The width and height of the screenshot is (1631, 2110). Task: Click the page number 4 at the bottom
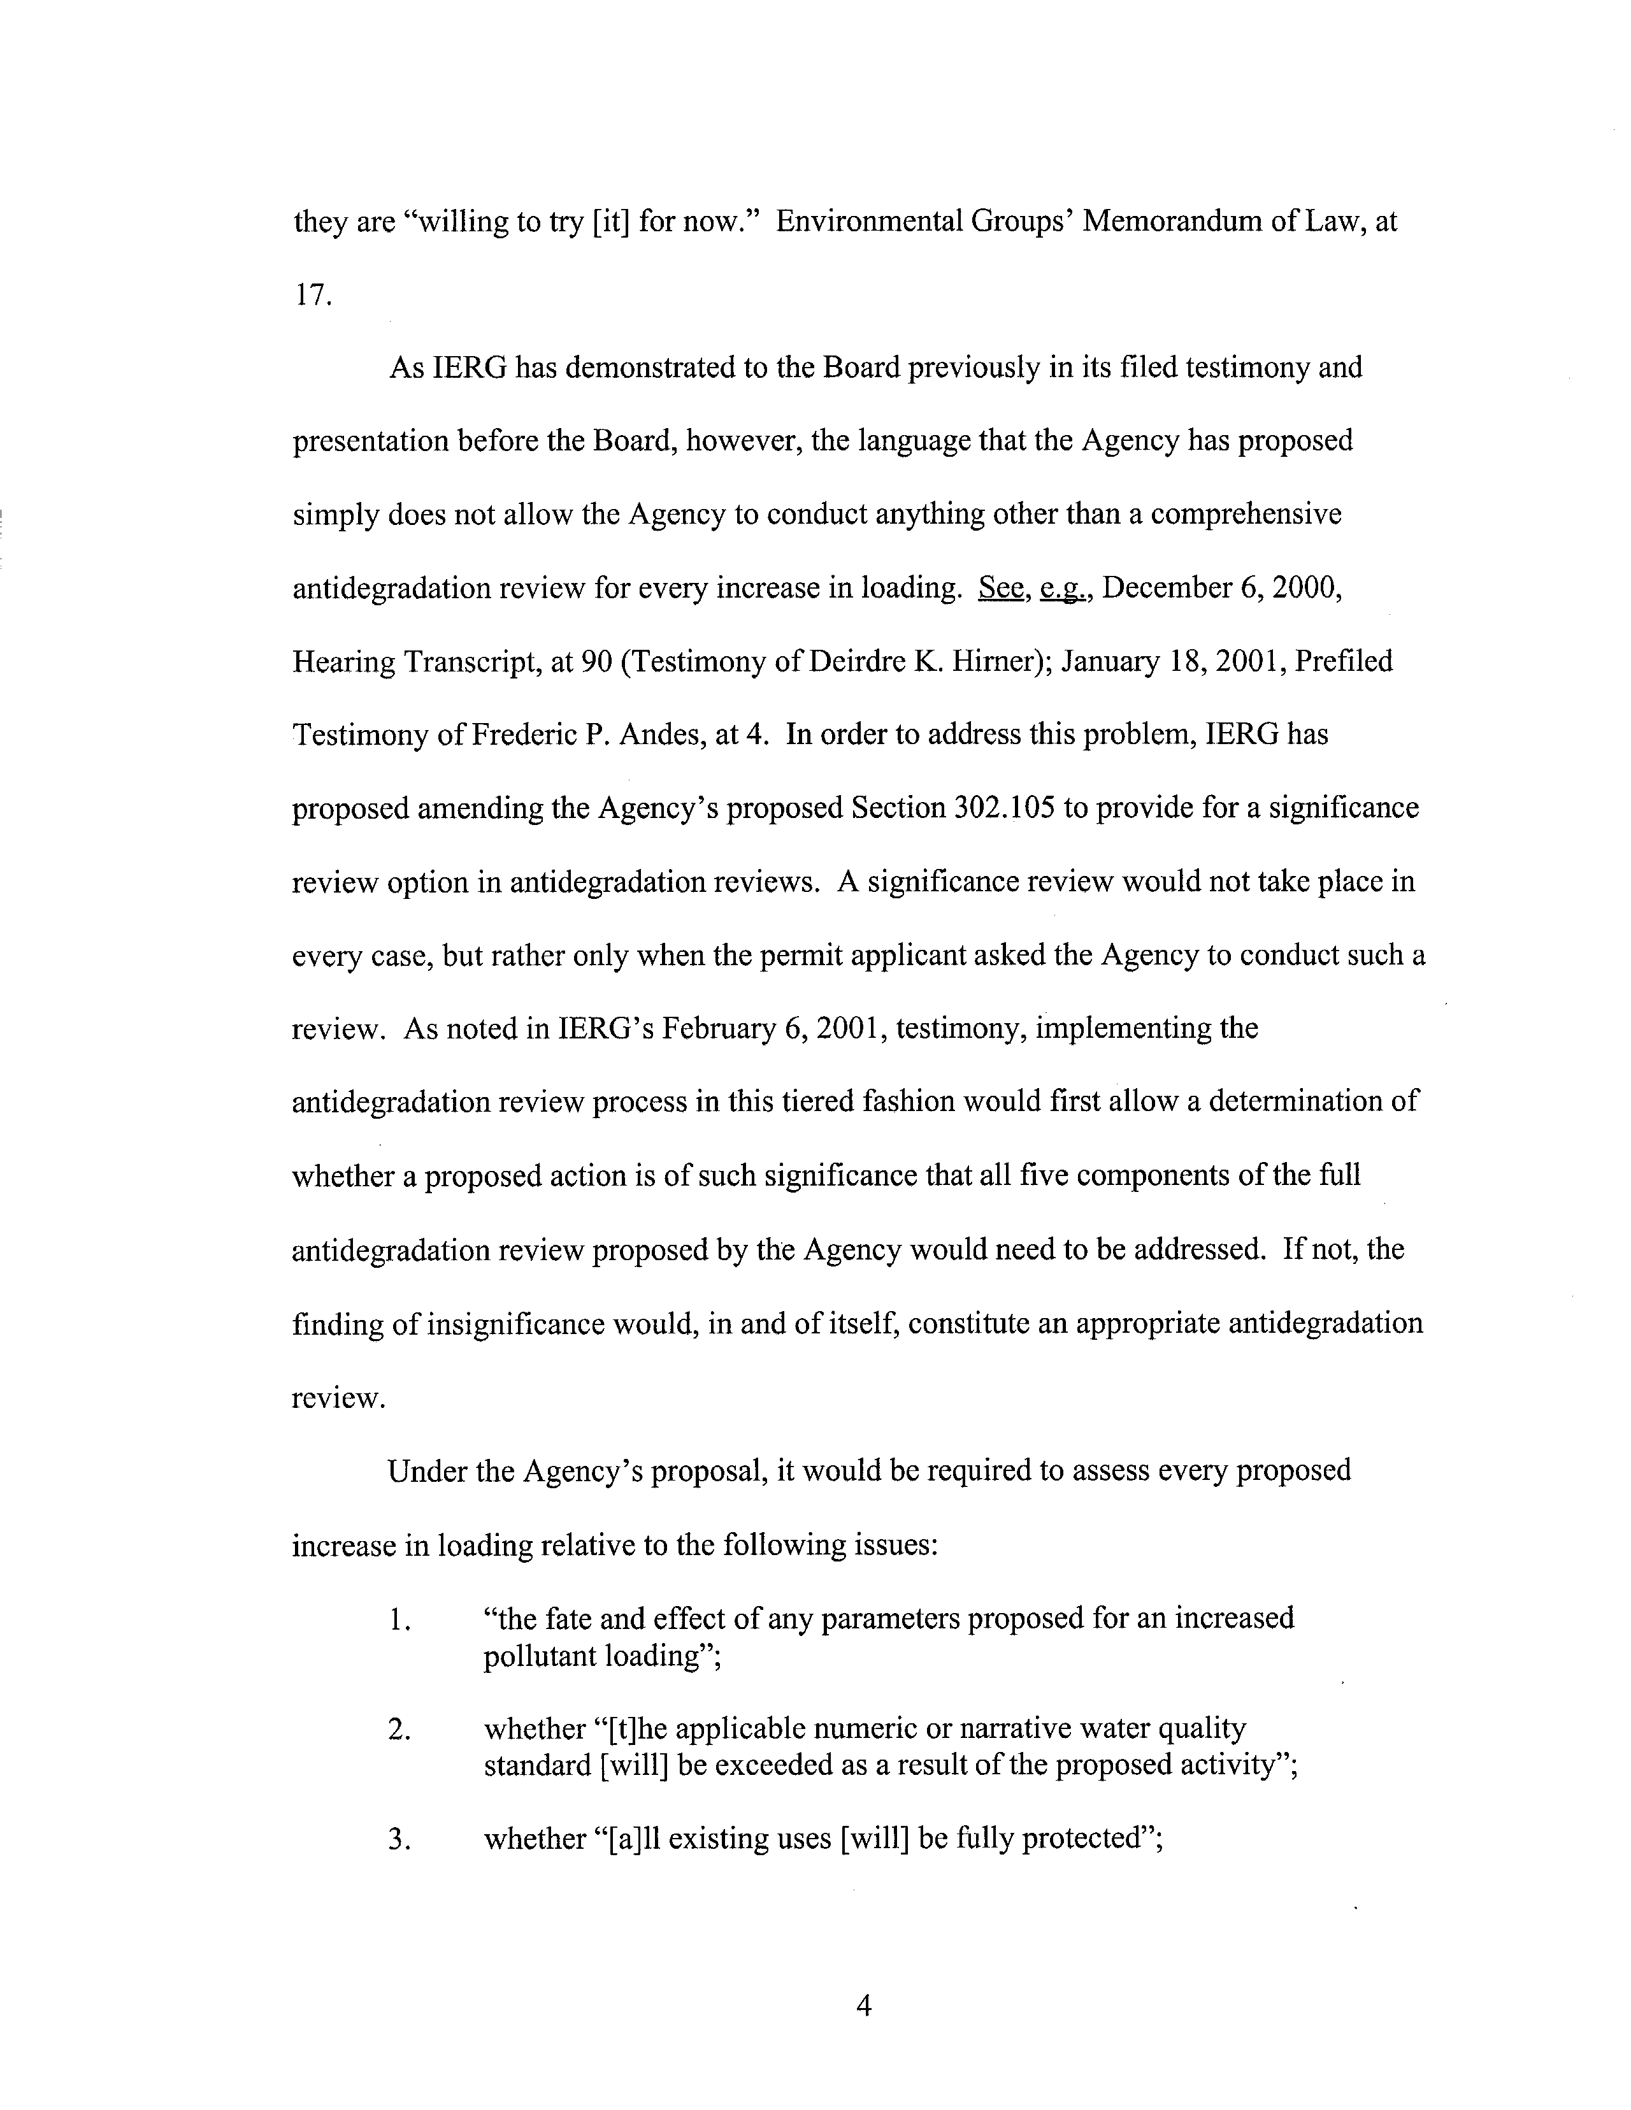(x=864, y=2007)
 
